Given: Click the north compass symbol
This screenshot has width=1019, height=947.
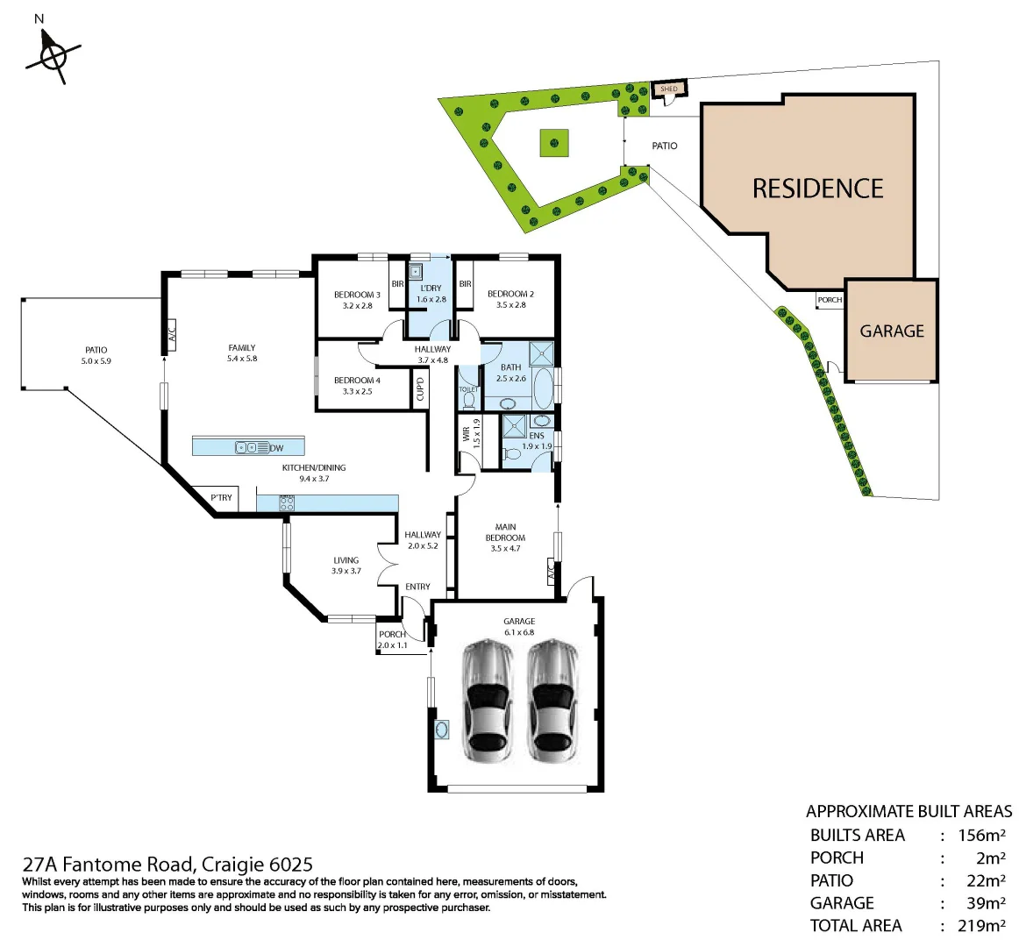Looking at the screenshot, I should pyautogui.click(x=53, y=55).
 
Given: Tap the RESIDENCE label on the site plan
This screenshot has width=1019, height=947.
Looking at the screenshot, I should pyautogui.click(x=817, y=189).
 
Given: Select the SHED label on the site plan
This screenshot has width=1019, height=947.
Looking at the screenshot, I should pyautogui.click(x=669, y=89).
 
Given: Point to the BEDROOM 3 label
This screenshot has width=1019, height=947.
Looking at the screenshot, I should pyautogui.click(x=357, y=295).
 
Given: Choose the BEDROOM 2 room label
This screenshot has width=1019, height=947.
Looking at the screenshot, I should pyautogui.click(x=510, y=294).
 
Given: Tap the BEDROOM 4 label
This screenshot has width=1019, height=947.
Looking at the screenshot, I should pyautogui.click(x=357, y=381).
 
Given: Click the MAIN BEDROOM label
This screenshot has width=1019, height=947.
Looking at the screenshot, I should pyautogui.click(x=505, y=532).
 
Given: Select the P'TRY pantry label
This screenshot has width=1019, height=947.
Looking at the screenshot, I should pyautogui.click(x=222, y=498).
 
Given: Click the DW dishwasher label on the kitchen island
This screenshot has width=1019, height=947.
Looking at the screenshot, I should pyautogui.click(x=277, y=448).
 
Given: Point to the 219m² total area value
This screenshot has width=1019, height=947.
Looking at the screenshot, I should pyautogui.click(x=981, y=925).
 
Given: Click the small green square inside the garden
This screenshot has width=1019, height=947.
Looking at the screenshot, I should pyautogui.click(x=553, y=142).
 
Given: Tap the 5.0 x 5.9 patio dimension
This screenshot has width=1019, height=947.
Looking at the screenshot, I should pyautogui.click(x=96, y=361).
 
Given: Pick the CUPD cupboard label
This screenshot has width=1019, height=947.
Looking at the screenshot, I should pyautogui.click(x=421, y=388).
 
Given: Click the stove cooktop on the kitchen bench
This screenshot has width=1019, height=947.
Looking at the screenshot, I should pyautogui.click(x=287, y=503).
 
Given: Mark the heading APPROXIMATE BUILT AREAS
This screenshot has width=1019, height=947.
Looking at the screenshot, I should pyautogui.click(x=909, y=811).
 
